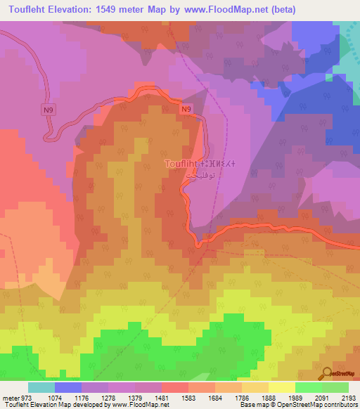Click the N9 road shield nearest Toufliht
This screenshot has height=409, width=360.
click(186, 109)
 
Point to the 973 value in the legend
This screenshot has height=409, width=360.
click(26, 397)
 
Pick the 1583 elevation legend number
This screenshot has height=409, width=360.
click(188, 397)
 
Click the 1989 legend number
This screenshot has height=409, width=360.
click(295, 397)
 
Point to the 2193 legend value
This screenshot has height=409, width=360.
click(349, 397)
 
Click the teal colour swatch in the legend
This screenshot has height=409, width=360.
click(41, 387)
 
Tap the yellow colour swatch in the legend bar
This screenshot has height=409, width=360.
click(281, 387)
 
